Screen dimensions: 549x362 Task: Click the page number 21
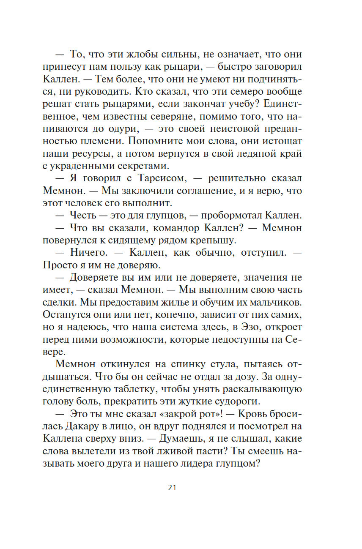pyautogui.click(x=172, y=488)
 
